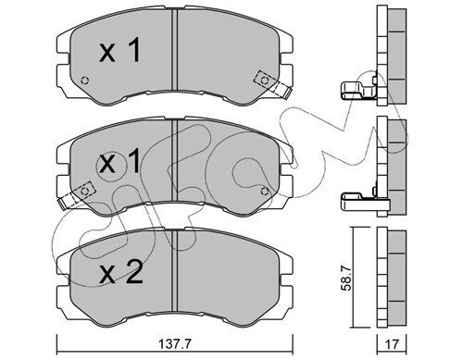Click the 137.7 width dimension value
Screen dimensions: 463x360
pyautogui.click(x=175, y=344)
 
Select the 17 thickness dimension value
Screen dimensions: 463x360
pyautogui.click(x=392, y=344)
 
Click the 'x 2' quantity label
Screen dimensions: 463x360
pyautogui.click(x=121, y=272)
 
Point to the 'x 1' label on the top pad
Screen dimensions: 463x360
pyautogui.click(x=119, y=50)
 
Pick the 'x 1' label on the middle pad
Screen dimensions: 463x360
pyautogui.click(x=119, y=162)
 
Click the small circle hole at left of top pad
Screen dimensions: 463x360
pyautogui.click(x=84, y=81)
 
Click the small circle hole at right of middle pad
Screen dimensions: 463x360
pyautogui.click(x=264, y=192)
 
